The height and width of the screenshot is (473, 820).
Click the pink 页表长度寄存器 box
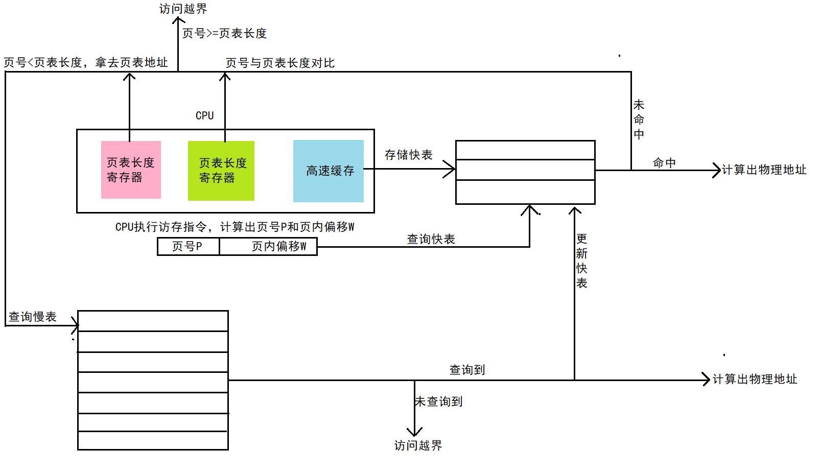131,170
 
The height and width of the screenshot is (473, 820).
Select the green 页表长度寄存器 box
221,171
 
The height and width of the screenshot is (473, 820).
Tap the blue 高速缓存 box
329,171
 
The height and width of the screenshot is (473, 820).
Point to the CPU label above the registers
204,115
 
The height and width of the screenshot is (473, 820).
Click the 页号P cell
188,246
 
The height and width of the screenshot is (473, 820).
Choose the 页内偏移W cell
268,246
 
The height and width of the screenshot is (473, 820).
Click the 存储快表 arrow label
408,155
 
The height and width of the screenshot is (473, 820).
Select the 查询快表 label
431,239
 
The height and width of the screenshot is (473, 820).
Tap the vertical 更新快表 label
581,261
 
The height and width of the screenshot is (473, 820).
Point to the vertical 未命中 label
639,120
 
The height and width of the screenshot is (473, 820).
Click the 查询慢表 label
33,317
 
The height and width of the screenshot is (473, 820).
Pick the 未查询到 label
439,401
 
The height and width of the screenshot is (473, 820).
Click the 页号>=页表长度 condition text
225,33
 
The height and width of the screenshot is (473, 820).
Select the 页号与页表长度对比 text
280,63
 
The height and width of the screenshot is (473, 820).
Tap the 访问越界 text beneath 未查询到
418,445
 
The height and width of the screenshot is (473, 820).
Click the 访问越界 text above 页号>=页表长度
183,9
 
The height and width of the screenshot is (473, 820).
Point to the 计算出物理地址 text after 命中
764,170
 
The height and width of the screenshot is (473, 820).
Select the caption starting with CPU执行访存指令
235,227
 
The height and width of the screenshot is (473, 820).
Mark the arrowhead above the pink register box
129,77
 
